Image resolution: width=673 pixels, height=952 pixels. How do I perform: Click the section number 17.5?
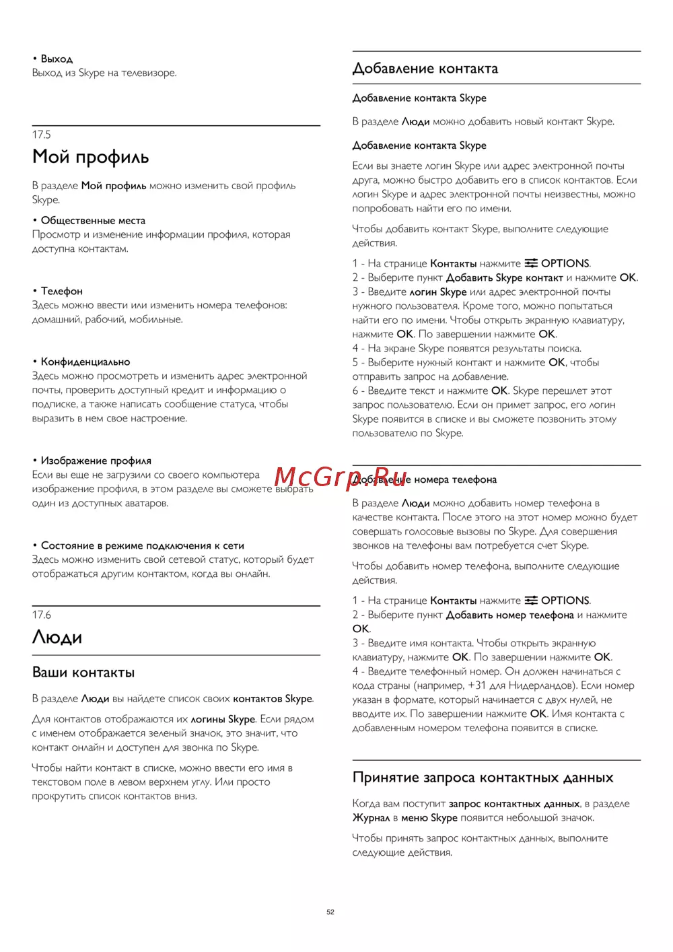42,135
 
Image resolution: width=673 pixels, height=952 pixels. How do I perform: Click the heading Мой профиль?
91,158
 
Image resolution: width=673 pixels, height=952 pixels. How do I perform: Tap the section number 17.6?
42,615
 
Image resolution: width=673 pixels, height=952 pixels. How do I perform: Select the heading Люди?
57,638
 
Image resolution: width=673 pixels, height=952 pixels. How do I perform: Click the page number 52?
330,912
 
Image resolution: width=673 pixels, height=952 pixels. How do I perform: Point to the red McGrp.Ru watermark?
341,477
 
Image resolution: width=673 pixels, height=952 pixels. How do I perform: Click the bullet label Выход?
57,59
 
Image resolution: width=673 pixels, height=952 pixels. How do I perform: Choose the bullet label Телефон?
62,291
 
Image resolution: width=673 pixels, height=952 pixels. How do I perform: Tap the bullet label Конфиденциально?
85,362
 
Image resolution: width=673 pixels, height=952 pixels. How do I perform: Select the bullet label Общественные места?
93,220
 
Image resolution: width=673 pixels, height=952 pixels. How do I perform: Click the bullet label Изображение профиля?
96,461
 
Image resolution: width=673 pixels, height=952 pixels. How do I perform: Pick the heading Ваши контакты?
83,673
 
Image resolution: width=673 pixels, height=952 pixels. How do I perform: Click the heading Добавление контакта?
425,69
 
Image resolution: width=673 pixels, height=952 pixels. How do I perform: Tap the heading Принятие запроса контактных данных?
483,778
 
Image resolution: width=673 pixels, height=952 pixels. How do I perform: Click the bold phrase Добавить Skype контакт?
504,277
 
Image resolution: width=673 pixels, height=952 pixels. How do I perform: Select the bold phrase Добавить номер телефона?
509,615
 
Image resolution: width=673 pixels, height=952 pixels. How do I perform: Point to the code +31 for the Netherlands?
476,685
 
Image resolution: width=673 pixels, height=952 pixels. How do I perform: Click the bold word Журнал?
371,818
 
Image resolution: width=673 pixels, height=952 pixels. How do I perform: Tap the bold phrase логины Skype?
223,719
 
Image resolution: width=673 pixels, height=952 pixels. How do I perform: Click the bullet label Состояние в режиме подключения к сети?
143,545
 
